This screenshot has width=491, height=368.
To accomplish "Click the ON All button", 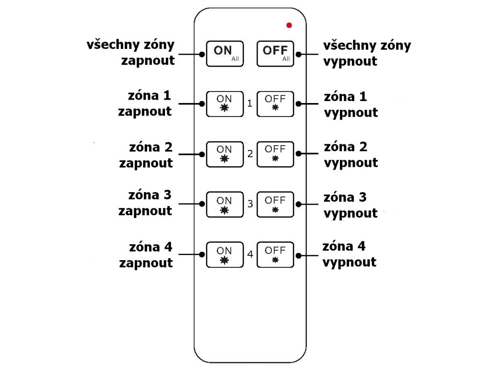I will (x=225, y=53).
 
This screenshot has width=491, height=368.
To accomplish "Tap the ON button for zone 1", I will (x=224, y=103).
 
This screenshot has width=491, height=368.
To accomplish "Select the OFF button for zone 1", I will (x=275, y=103).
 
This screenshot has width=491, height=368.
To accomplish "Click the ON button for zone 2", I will (x=224, y=153).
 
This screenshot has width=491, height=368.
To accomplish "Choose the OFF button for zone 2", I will (x=275, y=153).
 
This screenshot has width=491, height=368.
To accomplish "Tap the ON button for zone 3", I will (x=224, y=204).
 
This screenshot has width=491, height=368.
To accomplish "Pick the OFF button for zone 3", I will (x=275, y=204).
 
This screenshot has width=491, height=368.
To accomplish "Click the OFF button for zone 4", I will (x=275, y=254).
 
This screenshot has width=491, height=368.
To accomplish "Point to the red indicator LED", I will (x=289, y=25).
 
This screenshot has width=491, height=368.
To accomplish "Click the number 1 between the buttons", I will (x=250, y=103).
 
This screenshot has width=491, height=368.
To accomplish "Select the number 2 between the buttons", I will (x=250, y=154).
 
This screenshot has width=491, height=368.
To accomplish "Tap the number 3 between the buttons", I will (x=250, y=204).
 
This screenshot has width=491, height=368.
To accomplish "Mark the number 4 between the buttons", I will (x=250, y=254).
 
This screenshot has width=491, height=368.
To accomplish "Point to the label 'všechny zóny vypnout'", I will (x=367, y=53).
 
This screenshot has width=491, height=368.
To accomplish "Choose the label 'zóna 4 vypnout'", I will (x=349, y=254).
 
